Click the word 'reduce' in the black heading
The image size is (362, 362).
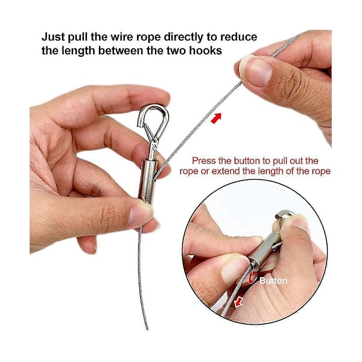[x=238, y=37]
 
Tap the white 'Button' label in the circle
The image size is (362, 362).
[x=273, y=281]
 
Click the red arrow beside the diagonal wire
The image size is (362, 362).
[x=217, y=118]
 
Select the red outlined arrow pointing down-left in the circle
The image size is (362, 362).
[x=238, y=302]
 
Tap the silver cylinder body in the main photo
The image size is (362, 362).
[x=148, y=181]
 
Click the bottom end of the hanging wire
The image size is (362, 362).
[x=147, y=329]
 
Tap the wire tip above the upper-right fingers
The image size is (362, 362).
[x=298, y=36]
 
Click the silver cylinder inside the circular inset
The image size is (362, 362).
[x=265, y=249]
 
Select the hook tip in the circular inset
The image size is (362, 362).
[x=277, y=217]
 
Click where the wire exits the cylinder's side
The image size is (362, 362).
[x=154, y=178]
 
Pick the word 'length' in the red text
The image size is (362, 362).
[x=270, y=171]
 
